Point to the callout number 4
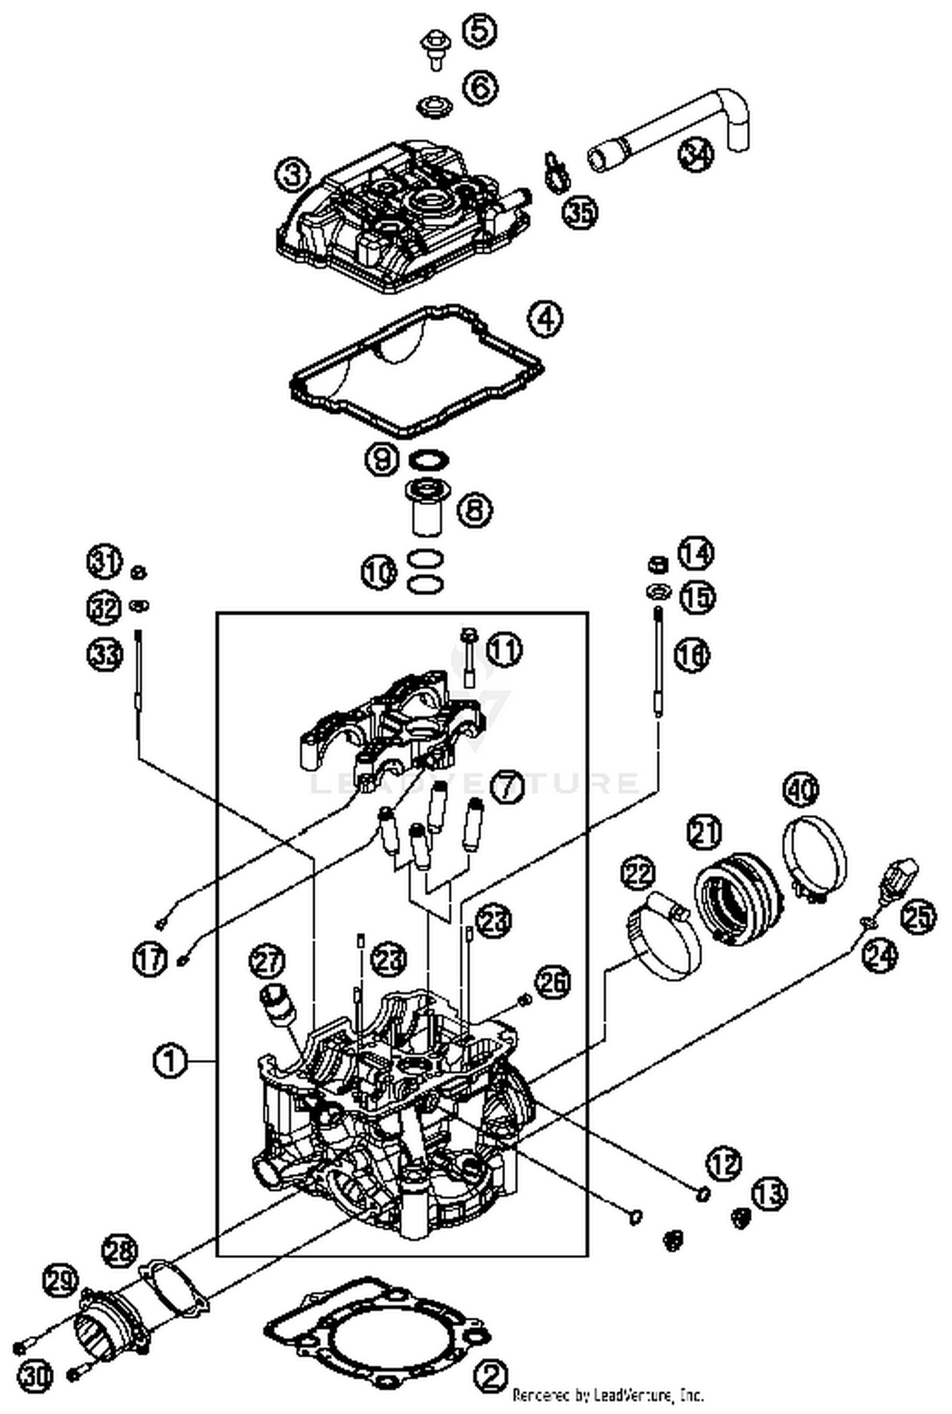pos(545,319)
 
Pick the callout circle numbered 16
pos(692,654)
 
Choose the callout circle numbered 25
pos(918,916)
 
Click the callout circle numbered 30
pos(36,1376)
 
